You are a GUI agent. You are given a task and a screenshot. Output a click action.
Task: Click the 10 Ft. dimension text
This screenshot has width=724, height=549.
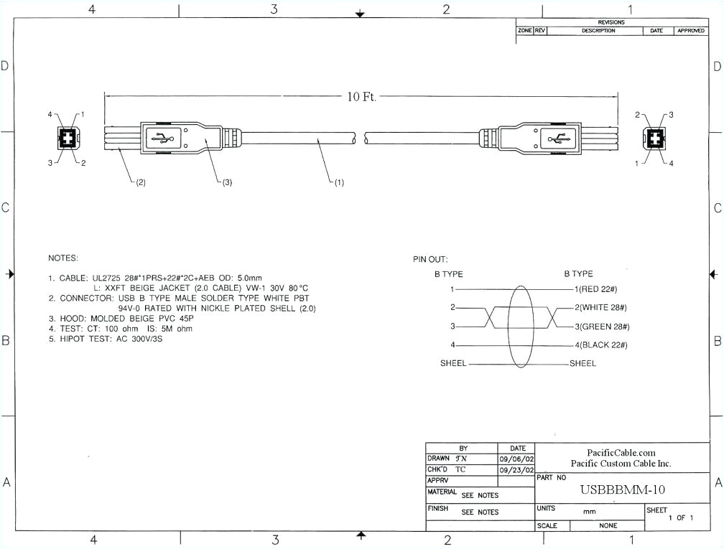tap(362, 97)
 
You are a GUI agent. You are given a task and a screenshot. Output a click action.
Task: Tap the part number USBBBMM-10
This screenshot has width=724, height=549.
tap(622, 489)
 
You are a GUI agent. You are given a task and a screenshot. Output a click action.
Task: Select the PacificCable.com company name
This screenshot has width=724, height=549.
tap(621, 453)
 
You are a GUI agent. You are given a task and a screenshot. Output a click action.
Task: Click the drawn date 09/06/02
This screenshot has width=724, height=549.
tap(516, 459)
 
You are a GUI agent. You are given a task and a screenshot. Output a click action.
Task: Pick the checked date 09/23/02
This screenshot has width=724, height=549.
tap(516, 469)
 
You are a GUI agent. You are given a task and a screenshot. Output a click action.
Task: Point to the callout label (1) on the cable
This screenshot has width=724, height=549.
tap(337, 182)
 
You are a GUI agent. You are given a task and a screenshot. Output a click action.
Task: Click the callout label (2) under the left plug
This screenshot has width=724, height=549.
tap(139, 182)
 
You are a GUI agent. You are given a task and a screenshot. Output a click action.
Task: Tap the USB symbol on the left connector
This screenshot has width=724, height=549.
tap(162, 138)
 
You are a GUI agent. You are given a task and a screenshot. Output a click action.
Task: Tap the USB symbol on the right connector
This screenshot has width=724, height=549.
tap(557, 138)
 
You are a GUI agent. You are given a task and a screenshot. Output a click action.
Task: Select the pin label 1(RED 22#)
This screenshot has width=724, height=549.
tap(596, 289)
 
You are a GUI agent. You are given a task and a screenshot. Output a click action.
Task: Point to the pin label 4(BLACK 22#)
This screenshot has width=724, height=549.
tap(601, 345)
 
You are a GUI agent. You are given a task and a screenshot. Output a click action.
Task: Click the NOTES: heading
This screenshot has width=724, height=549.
tap(63, 258)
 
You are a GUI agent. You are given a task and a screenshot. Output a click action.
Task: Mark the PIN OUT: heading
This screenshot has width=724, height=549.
tap(430, 259)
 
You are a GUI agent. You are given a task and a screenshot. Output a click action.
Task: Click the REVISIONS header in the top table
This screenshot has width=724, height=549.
tap(612, 22)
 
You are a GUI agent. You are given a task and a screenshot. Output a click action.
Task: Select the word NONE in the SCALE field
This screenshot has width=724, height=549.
tap(608, 525)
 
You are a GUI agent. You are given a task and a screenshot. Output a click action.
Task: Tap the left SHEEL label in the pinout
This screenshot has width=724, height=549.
tap(453, 364)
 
